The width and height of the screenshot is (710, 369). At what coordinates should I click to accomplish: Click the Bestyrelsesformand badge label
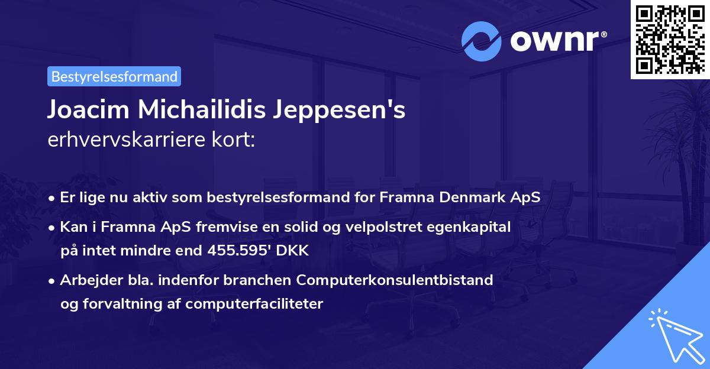(x=114, y=76)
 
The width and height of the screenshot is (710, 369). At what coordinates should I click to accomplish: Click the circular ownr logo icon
(x=482, y=41)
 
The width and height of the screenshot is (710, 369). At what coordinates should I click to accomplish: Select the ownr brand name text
(x=556, y=41)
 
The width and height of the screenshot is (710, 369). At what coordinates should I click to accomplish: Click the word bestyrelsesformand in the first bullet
(x=276, y=197)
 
